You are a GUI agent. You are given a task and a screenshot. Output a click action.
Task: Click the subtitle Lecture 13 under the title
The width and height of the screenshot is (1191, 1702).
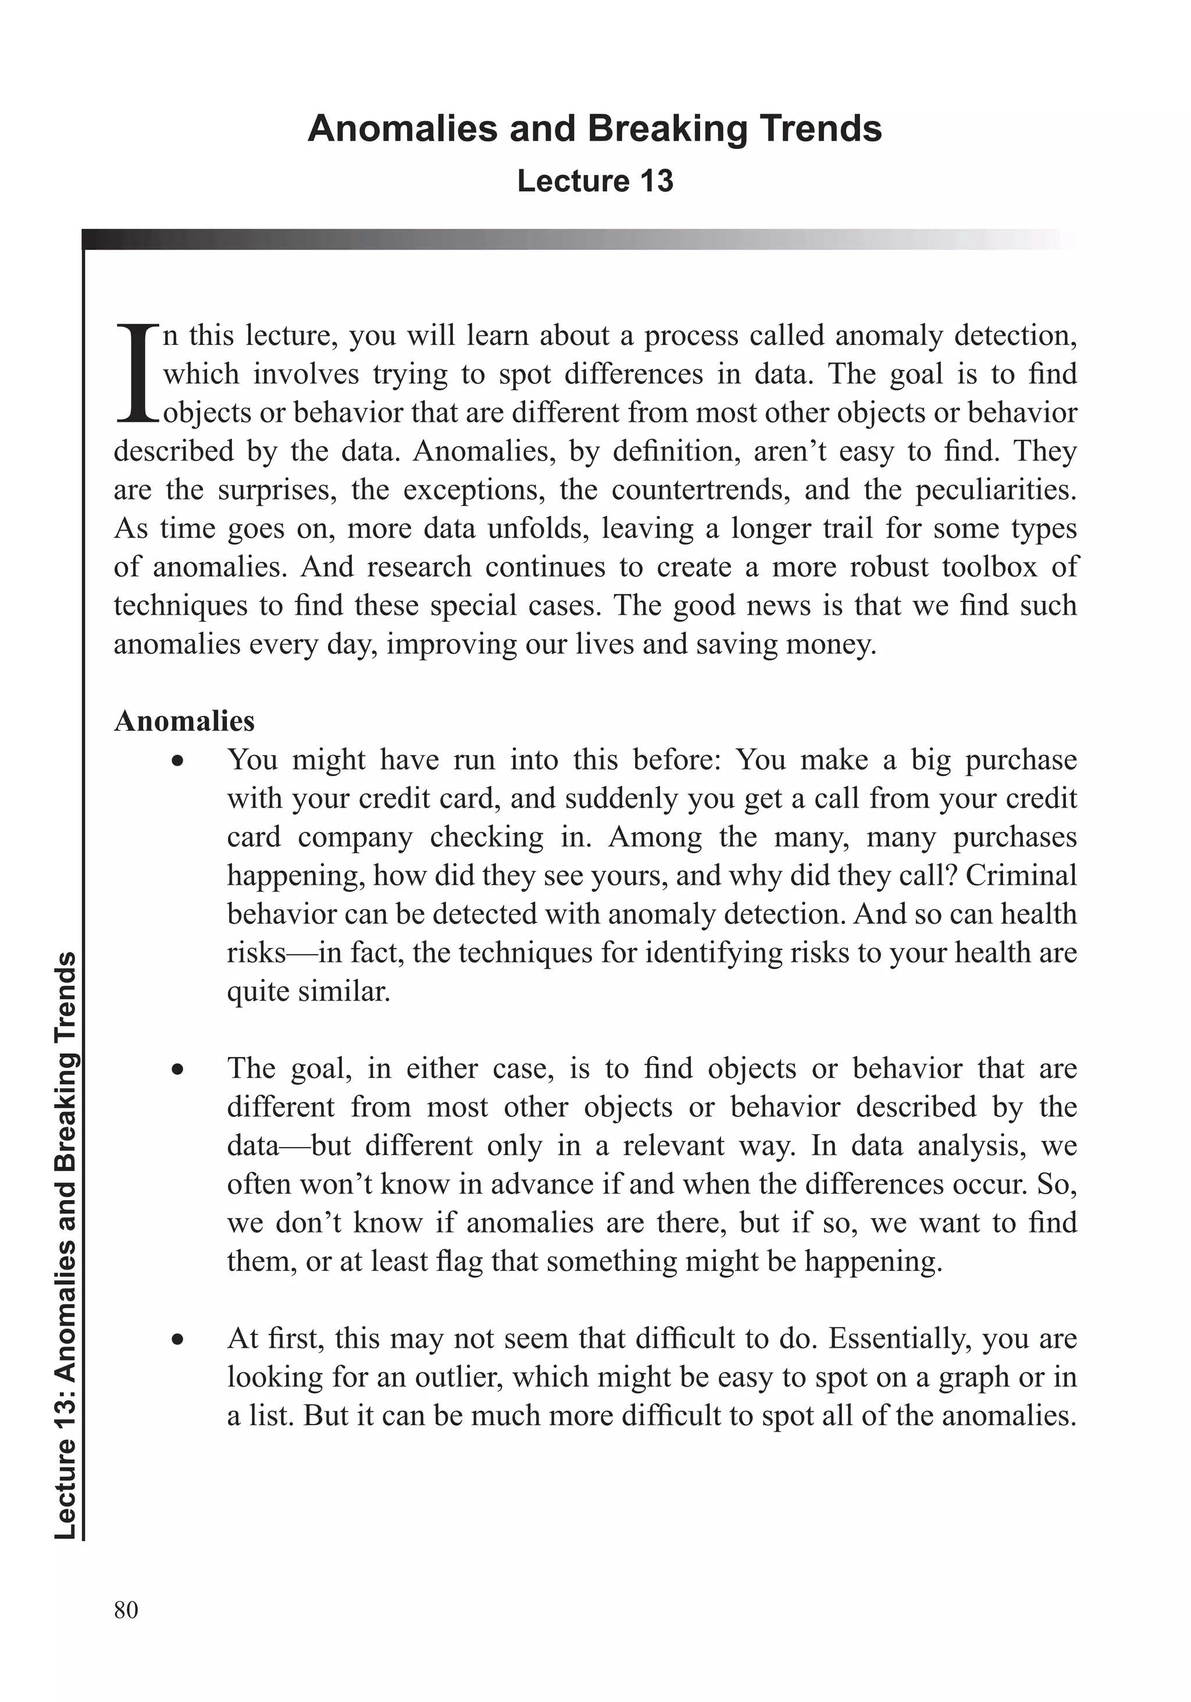click(x=595, y=181)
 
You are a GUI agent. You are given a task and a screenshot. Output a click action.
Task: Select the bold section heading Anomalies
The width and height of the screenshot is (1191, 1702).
click(x=184, y=721)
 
